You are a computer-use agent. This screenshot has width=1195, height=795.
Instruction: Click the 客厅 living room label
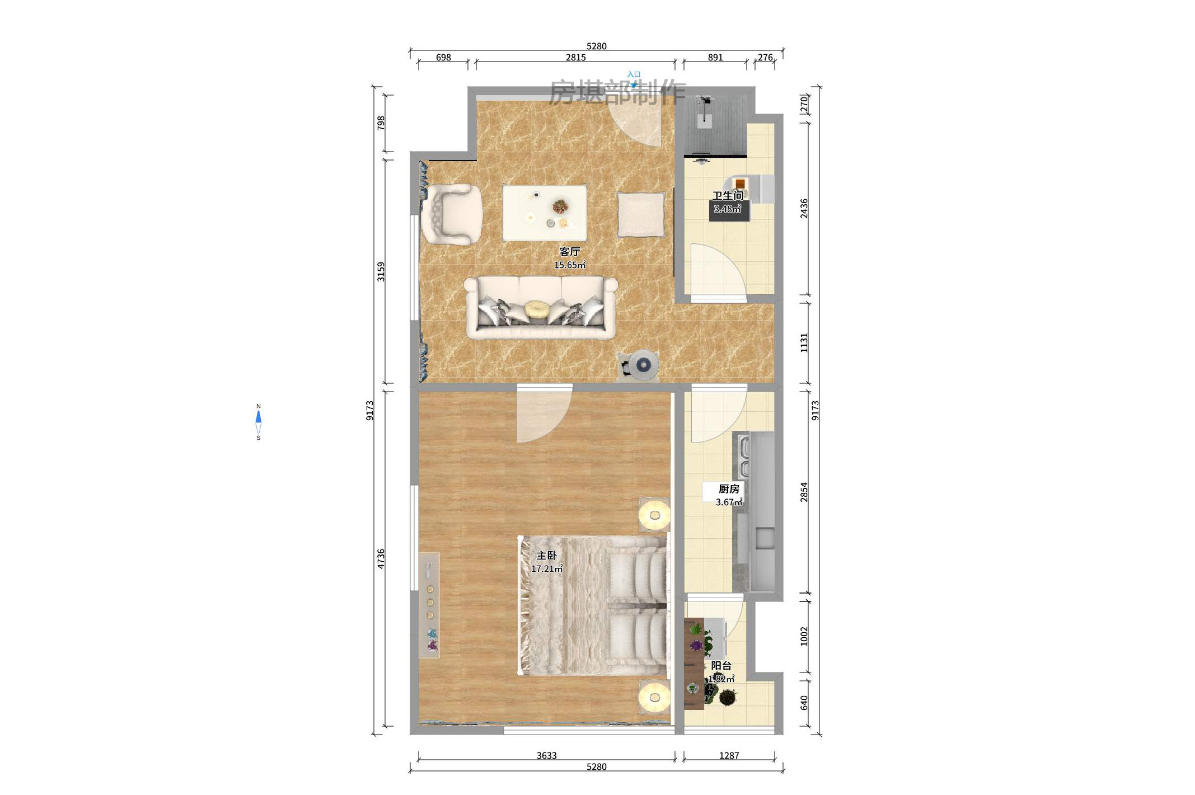[570, 252]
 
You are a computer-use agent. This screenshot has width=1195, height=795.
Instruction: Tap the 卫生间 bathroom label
[728, 195]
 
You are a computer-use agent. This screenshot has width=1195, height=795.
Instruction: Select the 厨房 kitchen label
[729, 489]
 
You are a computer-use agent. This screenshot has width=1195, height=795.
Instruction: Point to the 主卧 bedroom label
[547, 556]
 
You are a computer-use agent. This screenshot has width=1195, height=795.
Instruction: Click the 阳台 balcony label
[721, 666]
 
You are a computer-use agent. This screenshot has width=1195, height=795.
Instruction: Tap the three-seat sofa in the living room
[541, 308]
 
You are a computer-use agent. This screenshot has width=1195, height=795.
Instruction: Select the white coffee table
[544, 213]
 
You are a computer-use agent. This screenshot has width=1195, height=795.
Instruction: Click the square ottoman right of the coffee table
[641, 214]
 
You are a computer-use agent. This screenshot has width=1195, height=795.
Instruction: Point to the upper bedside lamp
[654, 515]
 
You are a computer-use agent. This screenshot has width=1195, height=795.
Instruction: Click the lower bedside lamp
[654, 697]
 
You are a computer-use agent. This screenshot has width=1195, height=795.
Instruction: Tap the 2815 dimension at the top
[575, 58]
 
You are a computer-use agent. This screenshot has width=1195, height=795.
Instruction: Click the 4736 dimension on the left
[381, 558]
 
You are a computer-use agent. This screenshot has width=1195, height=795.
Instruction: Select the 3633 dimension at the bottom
[546, 755]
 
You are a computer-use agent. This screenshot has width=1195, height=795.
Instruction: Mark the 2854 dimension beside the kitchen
[804, 492]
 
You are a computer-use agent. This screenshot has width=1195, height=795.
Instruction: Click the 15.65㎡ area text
[570, 265]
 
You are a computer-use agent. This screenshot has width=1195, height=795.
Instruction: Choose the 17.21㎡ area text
[547, 569]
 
